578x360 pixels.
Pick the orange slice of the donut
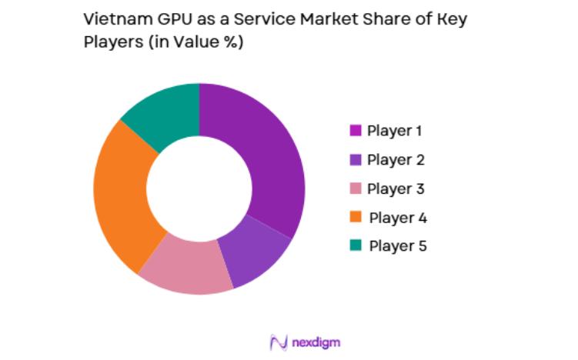pos(123,196)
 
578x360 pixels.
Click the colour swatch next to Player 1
pos(356,130)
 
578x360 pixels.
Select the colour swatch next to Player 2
pos(356,159)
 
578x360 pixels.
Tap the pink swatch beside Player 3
pos(356,188)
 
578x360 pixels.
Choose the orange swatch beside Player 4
pos(356,218)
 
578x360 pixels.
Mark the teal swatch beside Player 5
pos(356,246)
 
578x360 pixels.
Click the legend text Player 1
pos(394,130)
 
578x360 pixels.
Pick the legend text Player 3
pos(395,188)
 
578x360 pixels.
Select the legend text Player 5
pos(397,246)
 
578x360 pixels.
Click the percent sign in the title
pos(230,43)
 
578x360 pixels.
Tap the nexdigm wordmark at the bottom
pos(316,341)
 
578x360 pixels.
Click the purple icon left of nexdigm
pos(279,341)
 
